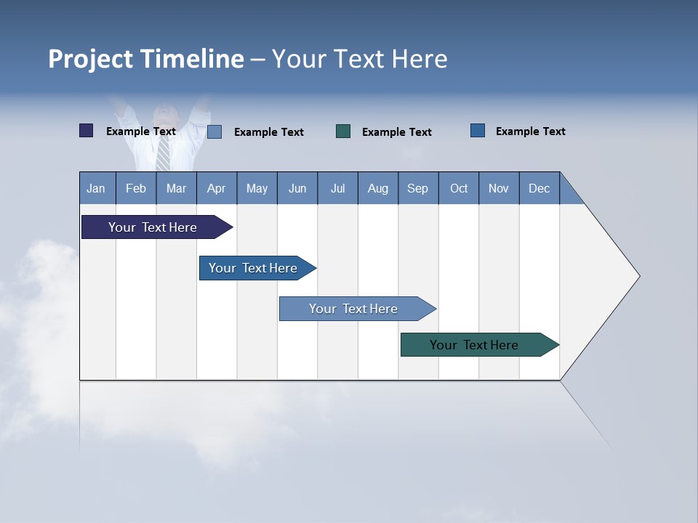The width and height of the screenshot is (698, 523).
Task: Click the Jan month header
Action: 97,188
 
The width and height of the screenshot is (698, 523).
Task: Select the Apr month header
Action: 217,188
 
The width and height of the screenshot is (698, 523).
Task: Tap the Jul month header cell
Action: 337,188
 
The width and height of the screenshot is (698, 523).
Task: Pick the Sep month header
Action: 418,188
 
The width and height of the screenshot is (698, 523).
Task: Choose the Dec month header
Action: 539,188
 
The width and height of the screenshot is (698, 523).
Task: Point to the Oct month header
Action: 459,188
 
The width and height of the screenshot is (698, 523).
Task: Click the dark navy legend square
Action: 87,131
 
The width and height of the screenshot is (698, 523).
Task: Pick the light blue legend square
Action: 214,131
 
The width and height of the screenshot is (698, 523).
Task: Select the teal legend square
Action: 343,131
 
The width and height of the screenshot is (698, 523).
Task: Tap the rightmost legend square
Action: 478,131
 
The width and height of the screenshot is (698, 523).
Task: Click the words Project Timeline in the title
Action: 146,59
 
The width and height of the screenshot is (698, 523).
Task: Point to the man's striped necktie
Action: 164,153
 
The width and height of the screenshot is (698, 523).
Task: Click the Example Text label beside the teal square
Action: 397,132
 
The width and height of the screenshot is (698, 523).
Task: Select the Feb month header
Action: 136,188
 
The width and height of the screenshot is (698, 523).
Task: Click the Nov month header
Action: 499,188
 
